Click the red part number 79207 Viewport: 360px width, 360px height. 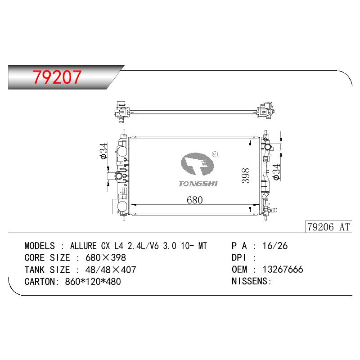(57, 77)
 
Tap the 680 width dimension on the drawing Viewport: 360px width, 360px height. (195, 200)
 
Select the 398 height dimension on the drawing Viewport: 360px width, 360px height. (245, 176)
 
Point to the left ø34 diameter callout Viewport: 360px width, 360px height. (104, 151)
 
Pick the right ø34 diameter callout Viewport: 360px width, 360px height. (276, 172)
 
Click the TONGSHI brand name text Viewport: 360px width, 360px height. (198, 184)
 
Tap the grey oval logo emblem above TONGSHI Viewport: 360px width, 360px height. (197, 164)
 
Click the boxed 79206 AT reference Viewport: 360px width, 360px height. (328, 227)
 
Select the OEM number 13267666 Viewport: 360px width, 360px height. (283, 270)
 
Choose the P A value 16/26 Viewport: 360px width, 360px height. (275, 246)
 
